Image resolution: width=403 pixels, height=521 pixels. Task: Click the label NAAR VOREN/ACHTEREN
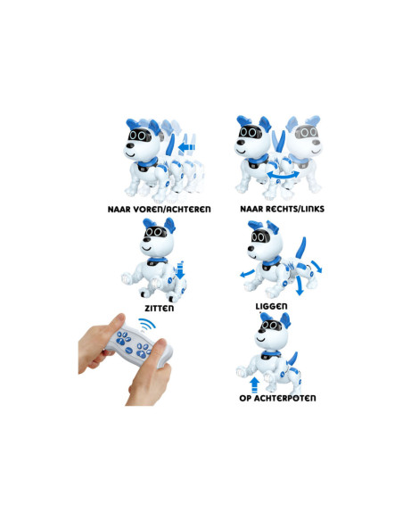click(x=159, y=210)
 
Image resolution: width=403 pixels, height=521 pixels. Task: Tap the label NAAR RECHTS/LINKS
click(x=282, y=209)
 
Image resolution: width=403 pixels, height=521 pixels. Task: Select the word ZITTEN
click(x=160, y=309)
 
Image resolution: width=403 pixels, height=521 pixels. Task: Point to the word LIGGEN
click(x=271, y=306)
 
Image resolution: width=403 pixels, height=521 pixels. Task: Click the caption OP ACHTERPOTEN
click(x=277, y=398)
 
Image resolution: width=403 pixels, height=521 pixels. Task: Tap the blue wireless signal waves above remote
click(x=147, y=324)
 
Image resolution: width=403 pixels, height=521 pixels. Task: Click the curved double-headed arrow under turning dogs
click(x=283, y=176)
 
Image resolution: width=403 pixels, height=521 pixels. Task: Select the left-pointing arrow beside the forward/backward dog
click(x=186, y=147)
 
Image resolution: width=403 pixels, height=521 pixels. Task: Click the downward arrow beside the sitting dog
click(x=179, y=270)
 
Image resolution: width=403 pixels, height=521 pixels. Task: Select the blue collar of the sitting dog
click(x=158, y=261)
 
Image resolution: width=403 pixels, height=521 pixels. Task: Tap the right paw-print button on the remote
click(x=143, y=351)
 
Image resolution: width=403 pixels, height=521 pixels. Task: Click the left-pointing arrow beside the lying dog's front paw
click(x=247, y=274)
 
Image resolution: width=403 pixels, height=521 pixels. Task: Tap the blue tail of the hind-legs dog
click(x=292, y=359)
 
